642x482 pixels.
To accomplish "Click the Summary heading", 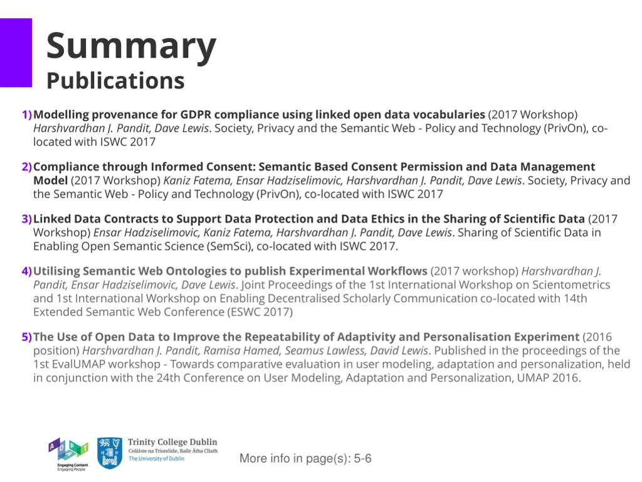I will (131, 46).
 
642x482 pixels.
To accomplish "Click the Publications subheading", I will (115, 81).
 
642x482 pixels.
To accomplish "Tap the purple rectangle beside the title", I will (16, 53).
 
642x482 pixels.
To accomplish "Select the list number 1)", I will (26, 115).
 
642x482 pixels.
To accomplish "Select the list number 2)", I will (26, 167).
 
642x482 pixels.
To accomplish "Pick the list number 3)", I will (26, 219).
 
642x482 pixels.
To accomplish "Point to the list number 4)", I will (26, 271).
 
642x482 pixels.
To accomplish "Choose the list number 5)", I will (26, 337).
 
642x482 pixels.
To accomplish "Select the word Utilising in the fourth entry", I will (56, 271).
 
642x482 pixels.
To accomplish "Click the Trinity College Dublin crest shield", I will (110, 453).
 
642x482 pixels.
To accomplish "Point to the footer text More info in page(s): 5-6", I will (305, 459).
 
